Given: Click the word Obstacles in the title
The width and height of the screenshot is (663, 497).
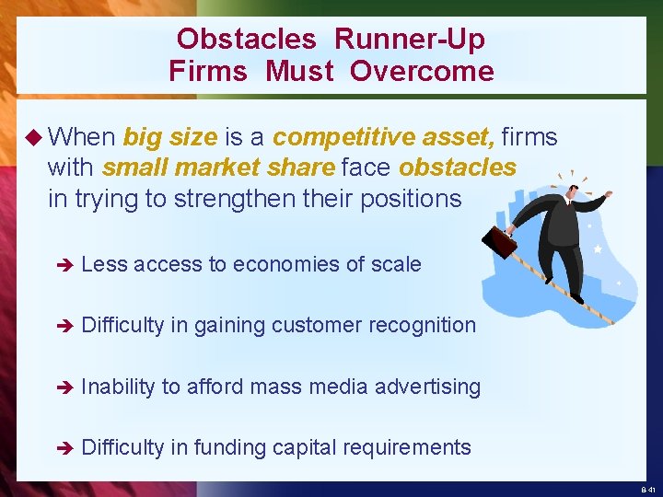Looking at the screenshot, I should (x=247, y=40).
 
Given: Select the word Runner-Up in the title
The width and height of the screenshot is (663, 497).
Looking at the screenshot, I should (x=410, y=40).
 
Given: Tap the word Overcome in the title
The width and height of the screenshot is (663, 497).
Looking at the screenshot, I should (x=422, y=72).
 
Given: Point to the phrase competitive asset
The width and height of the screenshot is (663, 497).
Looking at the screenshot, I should (x=384, y=138).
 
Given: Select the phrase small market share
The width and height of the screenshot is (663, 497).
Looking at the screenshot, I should (x=218, y=168).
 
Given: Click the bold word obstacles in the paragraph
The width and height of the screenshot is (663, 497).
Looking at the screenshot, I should (x=458, y=168).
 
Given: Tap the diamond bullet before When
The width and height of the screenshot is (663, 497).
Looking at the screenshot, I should (x=33, y=138).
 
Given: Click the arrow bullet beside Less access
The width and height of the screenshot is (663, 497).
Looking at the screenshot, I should (x=63, y=265).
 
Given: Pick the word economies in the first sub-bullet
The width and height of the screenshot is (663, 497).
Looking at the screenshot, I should (x=277, y=265).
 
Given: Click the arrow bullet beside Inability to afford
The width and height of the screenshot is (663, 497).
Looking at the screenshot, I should (x=63, y=387).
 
